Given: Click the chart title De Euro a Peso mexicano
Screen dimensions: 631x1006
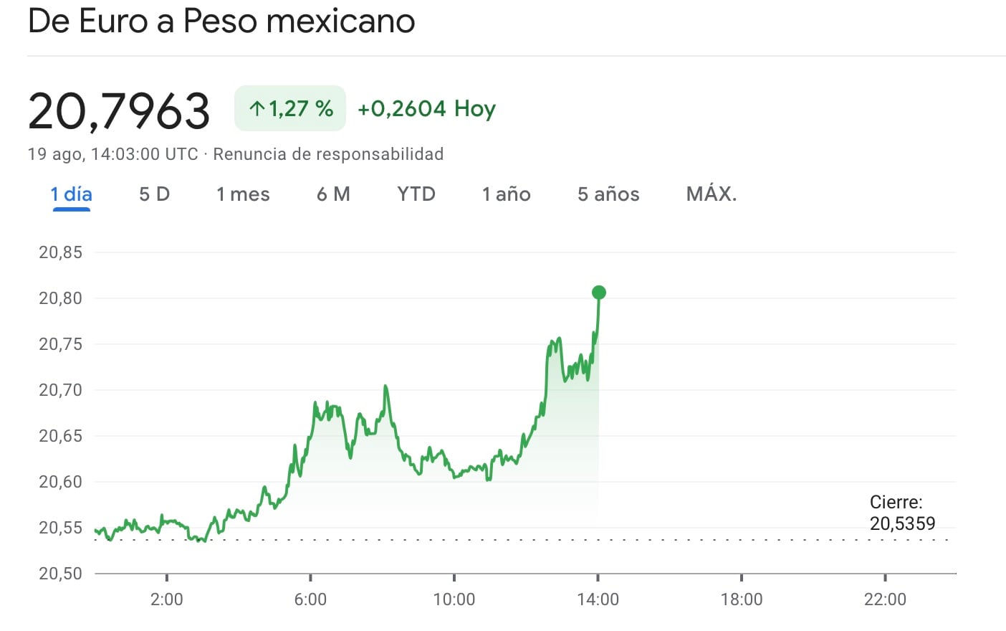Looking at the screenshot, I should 221,22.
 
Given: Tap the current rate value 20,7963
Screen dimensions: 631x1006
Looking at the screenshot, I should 119,111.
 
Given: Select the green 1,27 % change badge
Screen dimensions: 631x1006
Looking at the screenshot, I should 290,109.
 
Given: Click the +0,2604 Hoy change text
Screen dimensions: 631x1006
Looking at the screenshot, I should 426,109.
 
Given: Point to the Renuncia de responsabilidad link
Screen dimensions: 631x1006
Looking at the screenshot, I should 328,154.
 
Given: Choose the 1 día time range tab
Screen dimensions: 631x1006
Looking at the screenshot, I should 71,194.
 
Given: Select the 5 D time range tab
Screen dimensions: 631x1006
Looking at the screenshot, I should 154,194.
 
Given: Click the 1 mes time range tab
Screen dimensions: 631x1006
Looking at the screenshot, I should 243,194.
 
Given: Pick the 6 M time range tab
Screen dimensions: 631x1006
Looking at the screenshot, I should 333,194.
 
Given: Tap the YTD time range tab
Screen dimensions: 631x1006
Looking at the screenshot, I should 416,194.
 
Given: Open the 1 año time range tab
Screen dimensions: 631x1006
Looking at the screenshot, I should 506,194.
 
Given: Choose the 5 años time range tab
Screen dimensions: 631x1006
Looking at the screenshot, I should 608,194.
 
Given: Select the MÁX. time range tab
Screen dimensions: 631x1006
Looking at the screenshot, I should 711,194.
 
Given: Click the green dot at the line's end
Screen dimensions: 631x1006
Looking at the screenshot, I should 599,293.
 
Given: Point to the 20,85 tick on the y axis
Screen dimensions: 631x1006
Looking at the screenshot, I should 61,252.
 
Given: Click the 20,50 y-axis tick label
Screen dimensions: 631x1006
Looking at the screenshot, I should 61,574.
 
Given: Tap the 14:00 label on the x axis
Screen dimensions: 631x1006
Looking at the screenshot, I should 598,599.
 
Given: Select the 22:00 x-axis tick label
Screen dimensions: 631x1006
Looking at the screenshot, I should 885,599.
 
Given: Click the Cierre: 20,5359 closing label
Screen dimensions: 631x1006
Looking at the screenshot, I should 902,513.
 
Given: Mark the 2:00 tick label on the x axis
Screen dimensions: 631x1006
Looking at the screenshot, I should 166,599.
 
